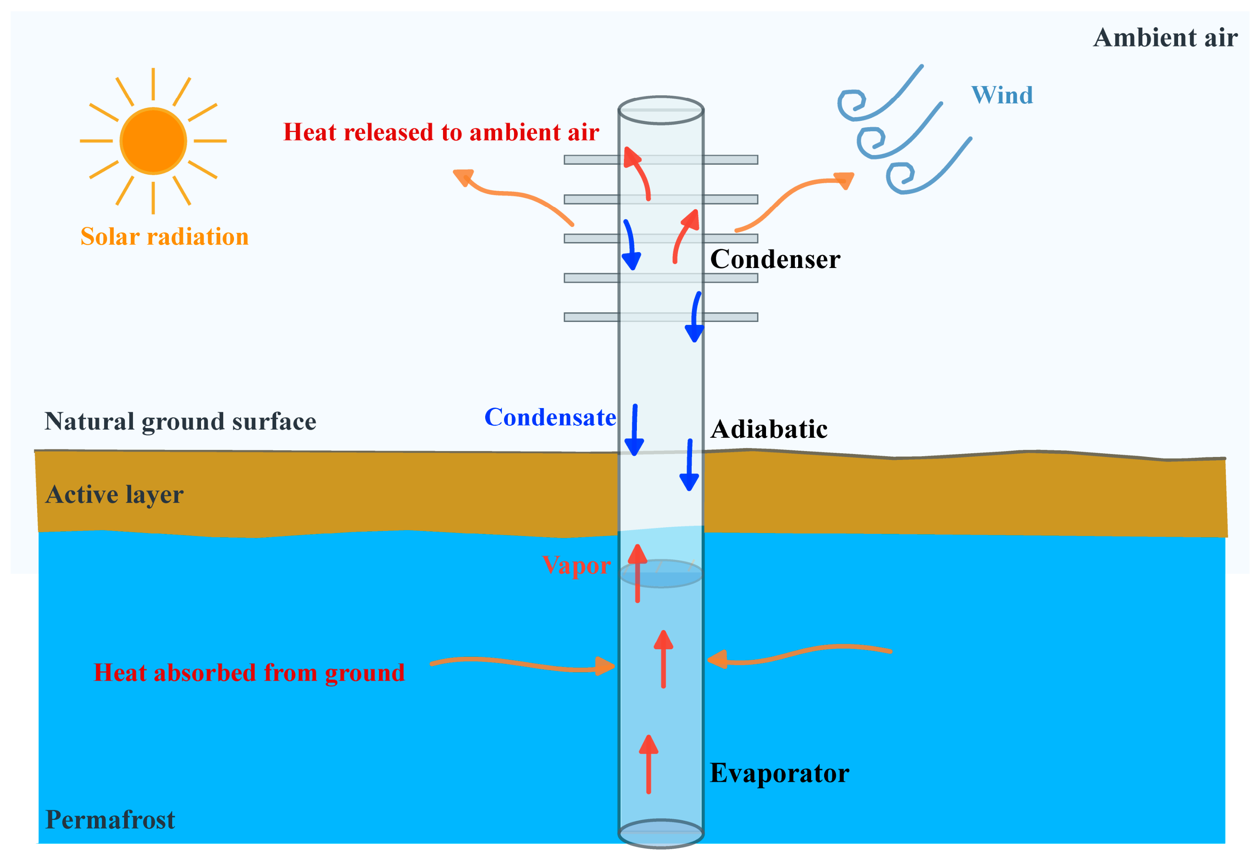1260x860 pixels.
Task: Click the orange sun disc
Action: click(153, 141)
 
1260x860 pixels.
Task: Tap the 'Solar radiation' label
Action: click(164, 236)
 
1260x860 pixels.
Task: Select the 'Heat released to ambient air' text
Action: click(441, 132)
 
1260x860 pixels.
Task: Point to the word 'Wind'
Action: click(1001, 95)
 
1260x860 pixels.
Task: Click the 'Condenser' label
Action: click(775, 259)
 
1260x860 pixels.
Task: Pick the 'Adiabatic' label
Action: click(769, 429)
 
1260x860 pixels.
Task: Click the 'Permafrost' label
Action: click(110, 819)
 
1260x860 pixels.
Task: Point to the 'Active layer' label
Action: click(115, 495)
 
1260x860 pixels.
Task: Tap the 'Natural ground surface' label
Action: click(180, 421)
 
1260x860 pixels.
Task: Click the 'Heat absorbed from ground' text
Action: click(249, 673)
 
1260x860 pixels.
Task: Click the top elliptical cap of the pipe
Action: click(661, 110)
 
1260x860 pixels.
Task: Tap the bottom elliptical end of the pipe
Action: click(661, 833)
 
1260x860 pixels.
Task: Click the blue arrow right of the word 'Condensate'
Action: click(634, 429)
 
